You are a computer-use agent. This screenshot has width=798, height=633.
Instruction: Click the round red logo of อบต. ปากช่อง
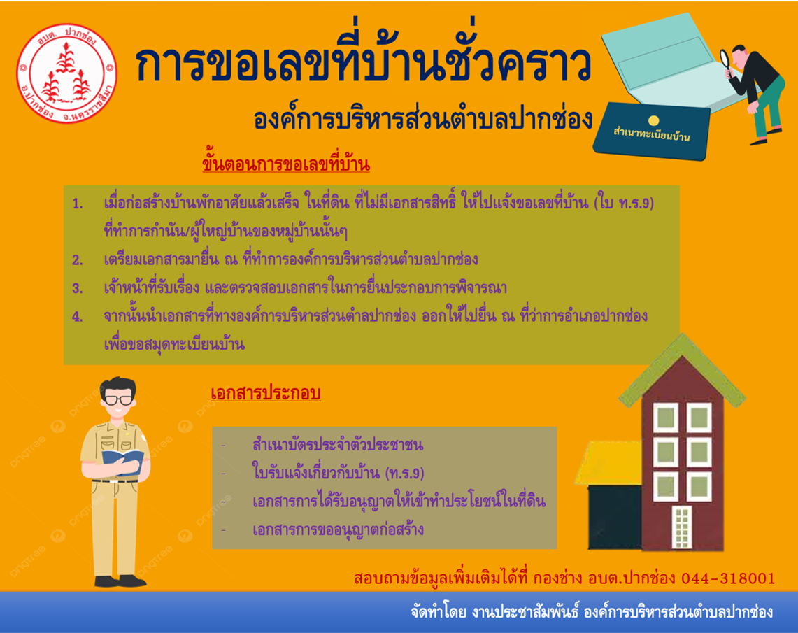pyautogui.click(x=66, y=73)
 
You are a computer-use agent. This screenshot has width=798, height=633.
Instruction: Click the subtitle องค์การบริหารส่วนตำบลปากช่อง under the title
pyautogui.click(x=423, y=118)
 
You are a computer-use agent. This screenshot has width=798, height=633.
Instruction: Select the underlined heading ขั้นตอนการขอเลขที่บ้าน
pyautogui.click(x=286, y=164)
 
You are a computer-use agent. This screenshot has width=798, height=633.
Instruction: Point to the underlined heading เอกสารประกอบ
pyautogui.click(x=266, y=393)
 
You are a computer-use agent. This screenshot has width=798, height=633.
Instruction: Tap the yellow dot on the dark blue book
pyautogui.click(x=654, y=120)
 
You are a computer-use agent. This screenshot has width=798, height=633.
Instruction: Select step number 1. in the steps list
pyautogui.click(x=78, y=204)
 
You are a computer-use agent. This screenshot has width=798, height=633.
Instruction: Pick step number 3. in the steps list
pyautogui.click(x=78, y=288)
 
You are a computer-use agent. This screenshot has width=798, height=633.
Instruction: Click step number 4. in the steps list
pyautogui.click(x=78, y=317)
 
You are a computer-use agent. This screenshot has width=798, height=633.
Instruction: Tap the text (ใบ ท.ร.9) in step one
pyautogui.click(x=624, y=203)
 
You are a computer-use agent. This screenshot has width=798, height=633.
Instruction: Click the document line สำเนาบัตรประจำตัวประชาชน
pyautogui.click(x=337, y=444)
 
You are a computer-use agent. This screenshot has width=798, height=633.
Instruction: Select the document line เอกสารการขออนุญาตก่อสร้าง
pyautogui.click(x=338, y=529)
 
